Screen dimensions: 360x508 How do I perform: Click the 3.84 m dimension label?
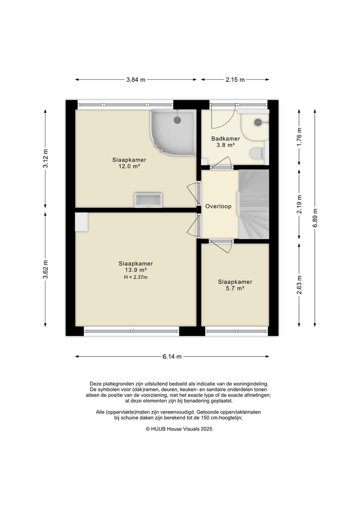click(136, 80)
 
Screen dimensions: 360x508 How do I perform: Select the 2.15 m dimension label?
click(235, 80)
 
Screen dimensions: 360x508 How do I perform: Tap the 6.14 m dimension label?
click(172, 357)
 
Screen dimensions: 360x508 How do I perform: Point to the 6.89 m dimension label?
click(315, 218)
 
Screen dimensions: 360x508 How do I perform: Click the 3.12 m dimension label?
click(45, 158)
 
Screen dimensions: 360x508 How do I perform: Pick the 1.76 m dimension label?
click(299, 137)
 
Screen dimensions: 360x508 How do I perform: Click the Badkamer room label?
click(225, 139)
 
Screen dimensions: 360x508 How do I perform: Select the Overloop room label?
click(218, 206)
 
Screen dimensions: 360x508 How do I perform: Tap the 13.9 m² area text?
click(135, 270)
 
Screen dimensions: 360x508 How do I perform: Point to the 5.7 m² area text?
click(235, 288)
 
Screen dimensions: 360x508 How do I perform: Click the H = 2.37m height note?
click(135, 277)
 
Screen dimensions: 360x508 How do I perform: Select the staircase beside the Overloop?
click(254, 204)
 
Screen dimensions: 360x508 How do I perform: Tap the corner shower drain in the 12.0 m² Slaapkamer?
click(177, 120)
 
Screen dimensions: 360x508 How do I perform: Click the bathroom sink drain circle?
click(258, 122)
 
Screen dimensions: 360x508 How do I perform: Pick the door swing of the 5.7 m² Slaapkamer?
click(225, 247)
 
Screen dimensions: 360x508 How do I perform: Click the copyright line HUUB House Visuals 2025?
click(179, 429)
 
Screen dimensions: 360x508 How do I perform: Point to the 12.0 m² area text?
click(129, 166)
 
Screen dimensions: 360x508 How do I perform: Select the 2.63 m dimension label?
click(299, 285)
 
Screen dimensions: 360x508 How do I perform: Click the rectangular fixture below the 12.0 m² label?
click(148, 200)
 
